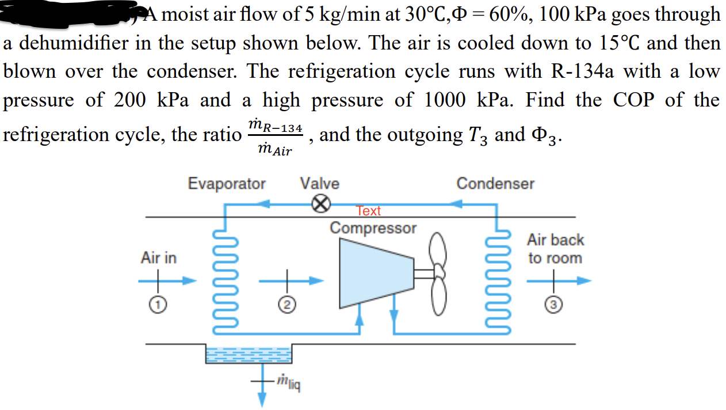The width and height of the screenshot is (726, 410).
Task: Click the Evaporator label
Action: [x=227, y=184]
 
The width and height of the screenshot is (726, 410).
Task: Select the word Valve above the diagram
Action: [x=319, y=184]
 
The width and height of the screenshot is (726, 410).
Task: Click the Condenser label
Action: [x=495, y=184]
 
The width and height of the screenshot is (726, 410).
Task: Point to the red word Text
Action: [x=368, y=211]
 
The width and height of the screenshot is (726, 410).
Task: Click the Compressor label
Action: [x=373, y=227]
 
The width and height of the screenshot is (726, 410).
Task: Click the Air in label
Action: [x=159, y=259]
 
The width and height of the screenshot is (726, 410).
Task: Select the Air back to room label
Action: [x=555, y=249]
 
